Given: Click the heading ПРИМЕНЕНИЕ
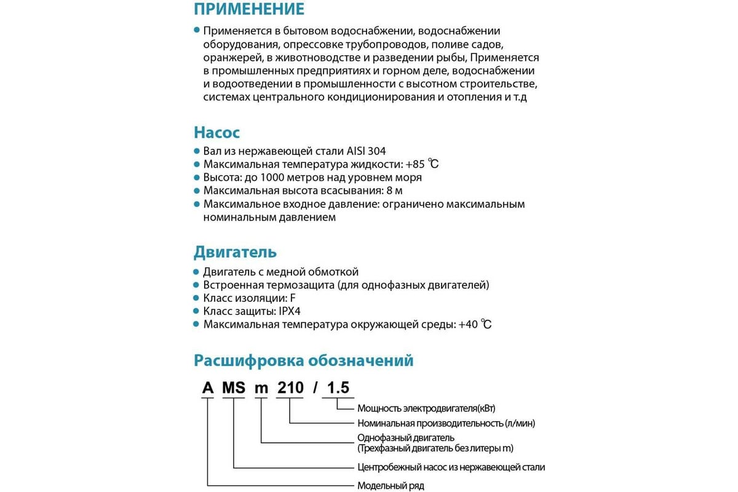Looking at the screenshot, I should [x=249, y=9].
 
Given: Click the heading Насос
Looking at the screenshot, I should [x=216, y=133].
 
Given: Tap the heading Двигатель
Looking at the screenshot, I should [x=235, y=252].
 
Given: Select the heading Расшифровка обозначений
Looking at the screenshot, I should [x=304, y=360].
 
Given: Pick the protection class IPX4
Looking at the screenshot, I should [x=288, y=311].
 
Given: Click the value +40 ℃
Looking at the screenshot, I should [x=475, y=325].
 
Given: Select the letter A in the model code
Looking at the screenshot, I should [x=208, y=388].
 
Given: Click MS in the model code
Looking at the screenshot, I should [x=234, y=388].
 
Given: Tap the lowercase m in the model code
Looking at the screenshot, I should [x=262, y=388].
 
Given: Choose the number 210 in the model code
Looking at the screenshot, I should [x=290, y=388].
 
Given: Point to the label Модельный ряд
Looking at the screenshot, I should [x=391, y=486].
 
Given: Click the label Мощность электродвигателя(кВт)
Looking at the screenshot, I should [x=426, y=408].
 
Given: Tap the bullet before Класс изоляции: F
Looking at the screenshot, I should [x=197, y=298].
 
